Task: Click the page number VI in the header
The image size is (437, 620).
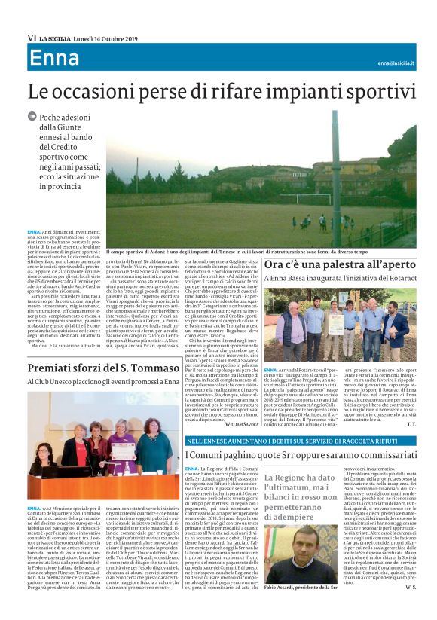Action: click(32, 36)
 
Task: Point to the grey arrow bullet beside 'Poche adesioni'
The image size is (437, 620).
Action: click(32, 116)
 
